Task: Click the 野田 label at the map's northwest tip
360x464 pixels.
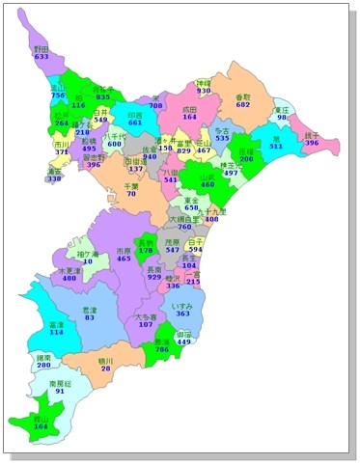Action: pos(41,48)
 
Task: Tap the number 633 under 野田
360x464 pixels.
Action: pos(41,57)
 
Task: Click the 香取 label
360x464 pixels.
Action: pos(242,96)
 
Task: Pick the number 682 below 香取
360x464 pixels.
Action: pos(242,105)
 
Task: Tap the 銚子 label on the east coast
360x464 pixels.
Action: pos(312,133)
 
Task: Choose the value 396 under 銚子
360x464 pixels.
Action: pos(312,142)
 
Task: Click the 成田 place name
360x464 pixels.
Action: pos(189,109)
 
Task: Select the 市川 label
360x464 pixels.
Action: pos(62,142)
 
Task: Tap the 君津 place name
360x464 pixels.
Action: pos(89,308)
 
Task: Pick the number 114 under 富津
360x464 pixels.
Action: pos(57,332)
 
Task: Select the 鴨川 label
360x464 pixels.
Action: pos(105,359)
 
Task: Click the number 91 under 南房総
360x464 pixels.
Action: pos(60,391)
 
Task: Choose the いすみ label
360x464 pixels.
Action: pos(182,305)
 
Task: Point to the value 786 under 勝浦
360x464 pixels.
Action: pos(162,350)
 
